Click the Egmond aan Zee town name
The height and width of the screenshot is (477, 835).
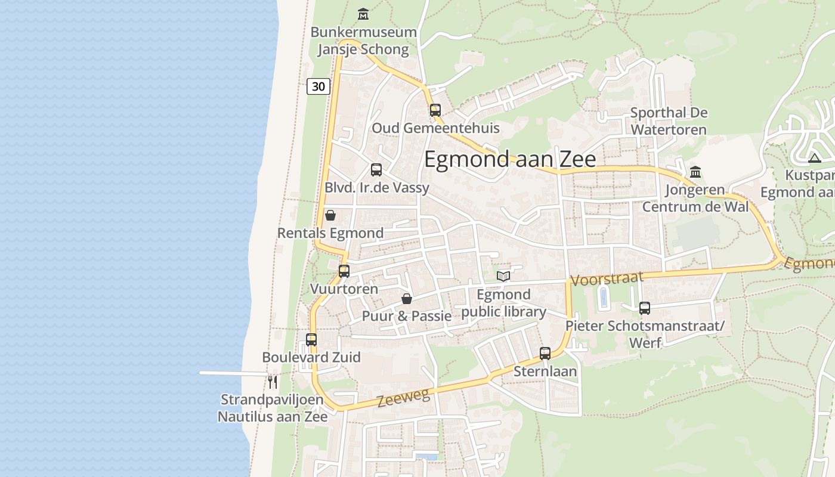[510, 160]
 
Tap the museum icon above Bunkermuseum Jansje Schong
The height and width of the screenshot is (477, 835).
[363, 14]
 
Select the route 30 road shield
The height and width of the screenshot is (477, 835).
[318, 86]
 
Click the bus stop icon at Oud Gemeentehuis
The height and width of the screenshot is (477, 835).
[435, 110]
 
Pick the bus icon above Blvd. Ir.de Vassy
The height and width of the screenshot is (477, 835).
[376, 170]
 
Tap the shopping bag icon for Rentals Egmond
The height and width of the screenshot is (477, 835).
[330, 215]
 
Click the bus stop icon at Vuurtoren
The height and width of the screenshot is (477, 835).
[344, 271]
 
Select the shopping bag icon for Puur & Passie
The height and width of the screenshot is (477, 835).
[407, 298]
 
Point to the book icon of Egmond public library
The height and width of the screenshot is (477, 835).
[503, 276]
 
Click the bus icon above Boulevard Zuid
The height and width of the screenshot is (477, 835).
[311, 340]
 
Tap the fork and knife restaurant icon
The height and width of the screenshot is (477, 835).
[273, 381]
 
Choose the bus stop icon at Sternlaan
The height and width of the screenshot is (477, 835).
[545, 354]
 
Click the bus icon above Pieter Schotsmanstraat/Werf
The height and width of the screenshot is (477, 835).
[645, 308]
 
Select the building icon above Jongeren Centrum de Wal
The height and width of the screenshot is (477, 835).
[695, 172]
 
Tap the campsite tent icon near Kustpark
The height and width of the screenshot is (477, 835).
[815, 158]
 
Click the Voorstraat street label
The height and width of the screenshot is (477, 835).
[607, 278]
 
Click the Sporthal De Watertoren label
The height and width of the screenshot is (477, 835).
[669, 121]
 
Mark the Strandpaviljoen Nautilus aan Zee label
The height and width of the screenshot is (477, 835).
[273, 408]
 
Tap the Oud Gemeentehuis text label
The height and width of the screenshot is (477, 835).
[435, 128]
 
